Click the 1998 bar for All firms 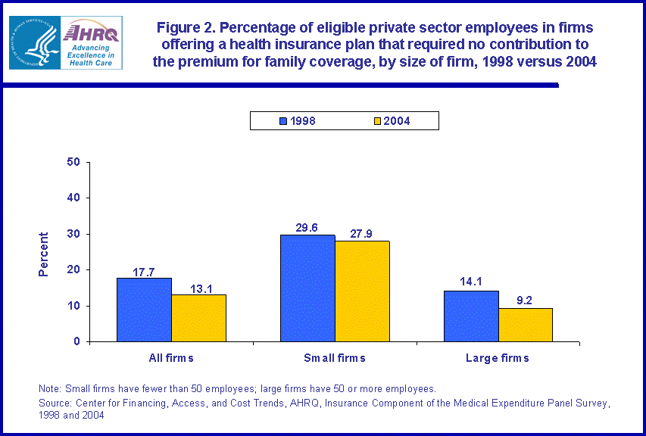click(144, 310)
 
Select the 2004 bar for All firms click(198, 318)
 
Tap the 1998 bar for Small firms click(307, 288)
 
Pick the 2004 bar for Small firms click(362, 291)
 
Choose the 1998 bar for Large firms click(471, 316)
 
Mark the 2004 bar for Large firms click(526, 325)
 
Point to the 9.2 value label click(525, 300)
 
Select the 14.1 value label click(470, 282)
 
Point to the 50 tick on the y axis click(74, 162)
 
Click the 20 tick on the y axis click(74, 269)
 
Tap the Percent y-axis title click(44, 254)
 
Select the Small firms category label click(335, 358)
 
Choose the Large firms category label click(498, 358)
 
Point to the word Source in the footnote click(55, 403)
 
